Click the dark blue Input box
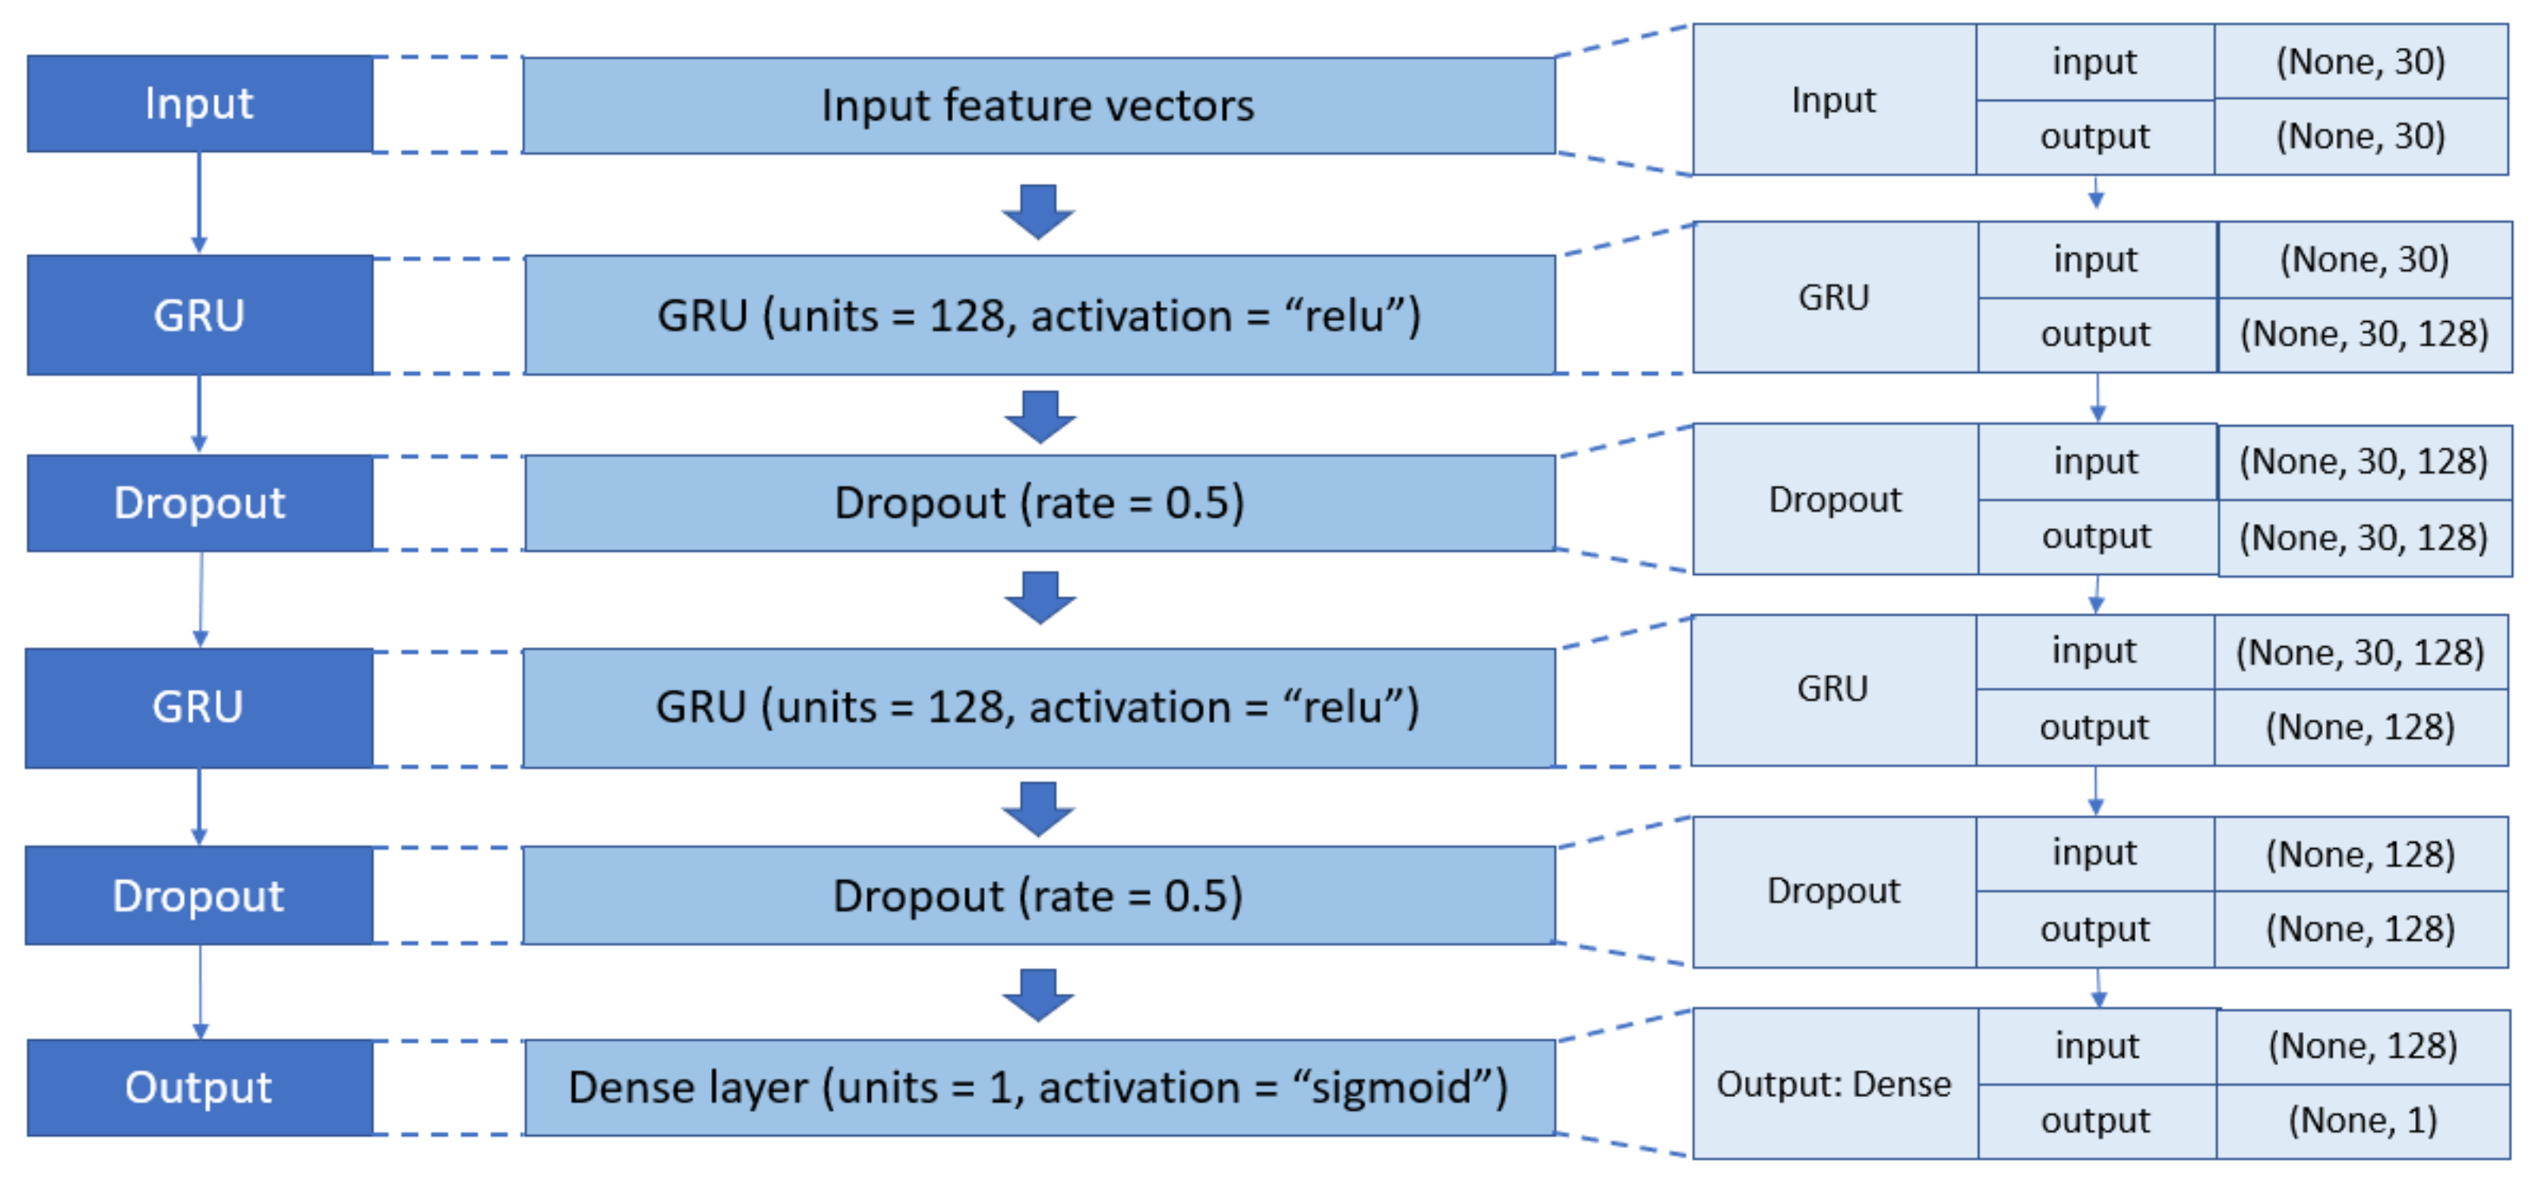pos(200,103)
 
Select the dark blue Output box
pos(200,1087)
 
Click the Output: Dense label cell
pos(1833,1084)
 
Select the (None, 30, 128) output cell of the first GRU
pos(2363,335)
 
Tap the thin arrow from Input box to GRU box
pos(199,202)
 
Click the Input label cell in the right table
pos(1833,99)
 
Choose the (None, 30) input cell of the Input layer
pos(2359,61)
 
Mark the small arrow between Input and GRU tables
pos(2096,193)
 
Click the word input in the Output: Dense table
pos(2096,1045)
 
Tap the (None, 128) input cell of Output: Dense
pos(2362,1045)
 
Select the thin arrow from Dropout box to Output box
pos(200,990)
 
